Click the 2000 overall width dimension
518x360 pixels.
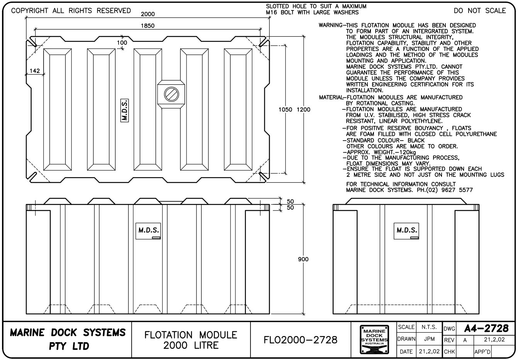pos(147,14)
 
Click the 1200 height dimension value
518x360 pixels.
pos(303,110)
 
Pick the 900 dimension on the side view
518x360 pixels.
pos(303,259)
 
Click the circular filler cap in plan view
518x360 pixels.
pos(171,94)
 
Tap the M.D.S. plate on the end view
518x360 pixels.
pos(407,231)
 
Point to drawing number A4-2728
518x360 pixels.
pos(486,328)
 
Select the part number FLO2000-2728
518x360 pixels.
pos(300,340)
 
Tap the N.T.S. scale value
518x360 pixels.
pos(429,327)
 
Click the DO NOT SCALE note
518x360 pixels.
pos(480,11)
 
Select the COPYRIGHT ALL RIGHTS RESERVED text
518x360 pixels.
pos(71,11)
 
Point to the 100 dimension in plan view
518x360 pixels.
pos(122,42)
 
